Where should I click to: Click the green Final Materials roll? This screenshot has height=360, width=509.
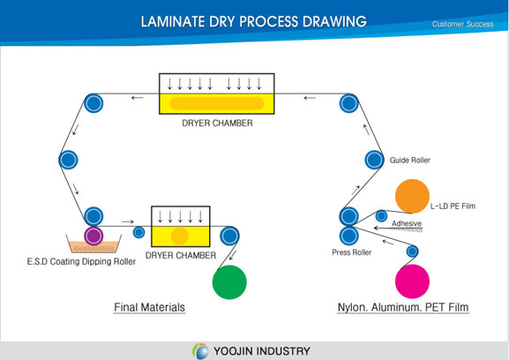(229, 282)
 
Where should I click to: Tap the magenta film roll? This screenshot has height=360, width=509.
(412, 281)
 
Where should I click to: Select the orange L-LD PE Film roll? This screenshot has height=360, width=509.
(412, 196)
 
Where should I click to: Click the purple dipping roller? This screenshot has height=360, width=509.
(94, 236)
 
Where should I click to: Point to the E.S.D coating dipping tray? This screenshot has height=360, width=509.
(94, 244)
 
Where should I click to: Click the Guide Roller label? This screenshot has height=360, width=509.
(410, 160)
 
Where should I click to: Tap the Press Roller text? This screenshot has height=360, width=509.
(352, 252)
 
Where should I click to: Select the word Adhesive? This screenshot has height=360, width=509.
(407, 223)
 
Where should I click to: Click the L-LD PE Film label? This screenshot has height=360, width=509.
(453, 206)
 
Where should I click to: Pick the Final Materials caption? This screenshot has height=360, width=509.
(149, 307)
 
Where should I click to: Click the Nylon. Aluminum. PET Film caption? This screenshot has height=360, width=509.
(403, 307)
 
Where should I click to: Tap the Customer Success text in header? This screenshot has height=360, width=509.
(462, 24)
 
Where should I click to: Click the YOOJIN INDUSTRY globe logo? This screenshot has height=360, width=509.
(200, 351)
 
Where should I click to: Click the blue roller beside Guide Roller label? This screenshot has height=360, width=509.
(374, 160)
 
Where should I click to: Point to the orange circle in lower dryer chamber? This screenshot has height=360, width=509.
(179, 236)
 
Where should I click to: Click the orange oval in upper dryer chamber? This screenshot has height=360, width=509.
(216, 103)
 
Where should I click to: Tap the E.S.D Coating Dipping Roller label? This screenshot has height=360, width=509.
(81, 262)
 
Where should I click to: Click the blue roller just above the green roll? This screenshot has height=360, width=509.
(229, 236)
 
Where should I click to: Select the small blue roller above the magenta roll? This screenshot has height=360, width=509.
(412, 251)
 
